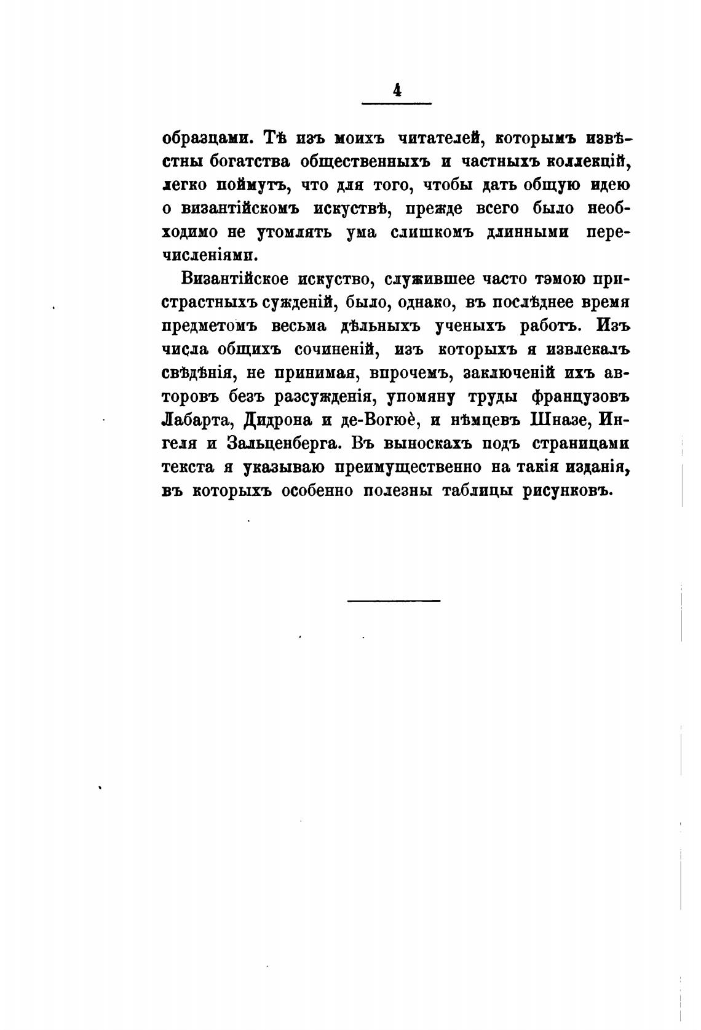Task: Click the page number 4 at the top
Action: [x=397, y=90]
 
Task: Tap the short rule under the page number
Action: [x=397, y=103]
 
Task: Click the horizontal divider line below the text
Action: [x=394, y=600]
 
